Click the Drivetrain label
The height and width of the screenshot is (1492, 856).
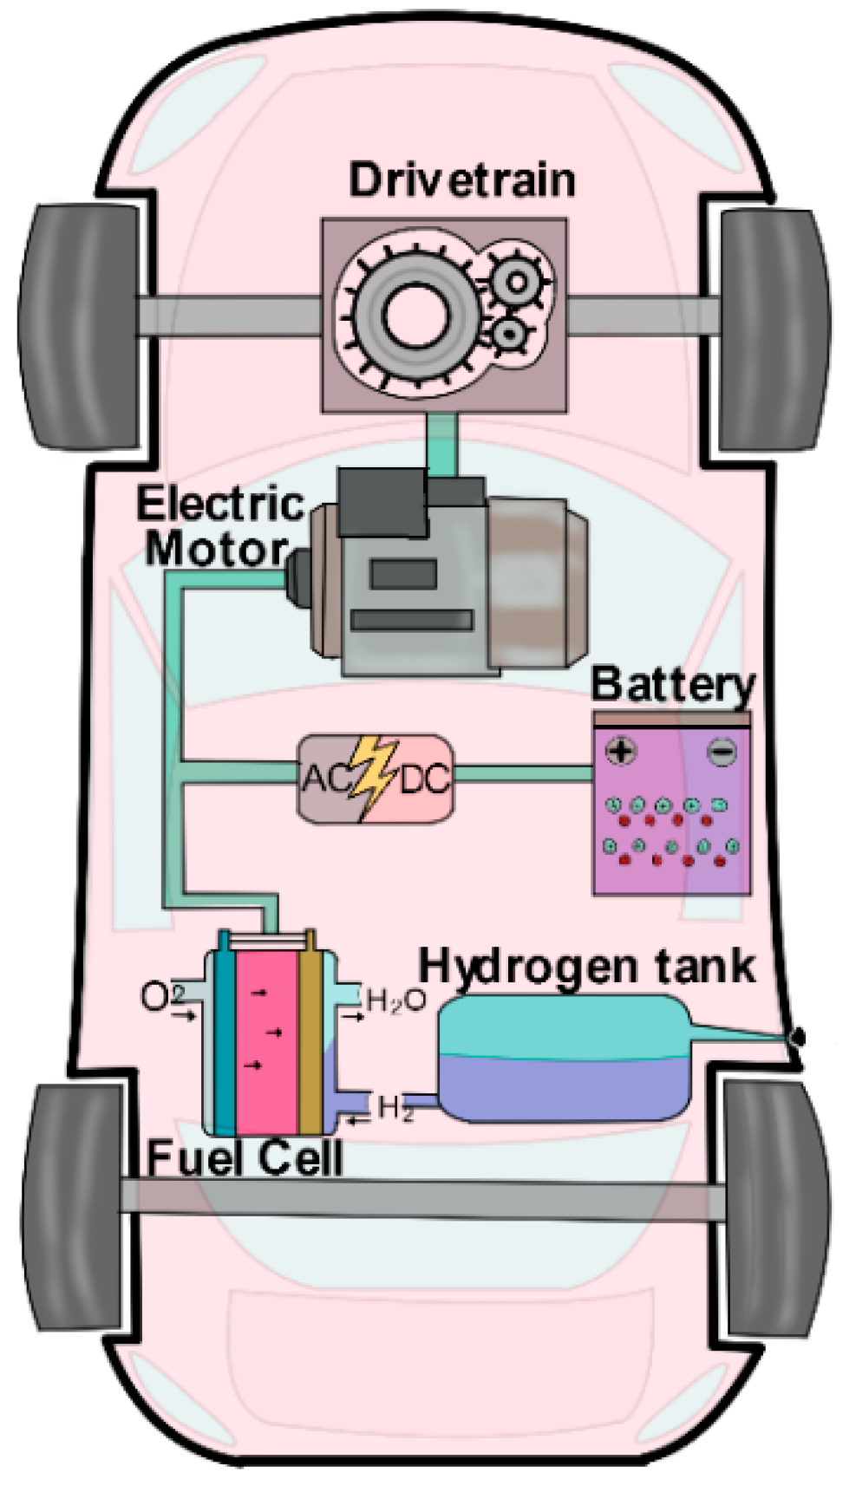tap(462, 180)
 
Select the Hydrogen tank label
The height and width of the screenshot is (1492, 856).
tap(586, 965)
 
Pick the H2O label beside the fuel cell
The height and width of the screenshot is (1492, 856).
tap(395, 1000)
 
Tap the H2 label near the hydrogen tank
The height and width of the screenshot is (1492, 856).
tap(395, 1107)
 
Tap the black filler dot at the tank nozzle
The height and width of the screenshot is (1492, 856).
tap(798, 1037)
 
